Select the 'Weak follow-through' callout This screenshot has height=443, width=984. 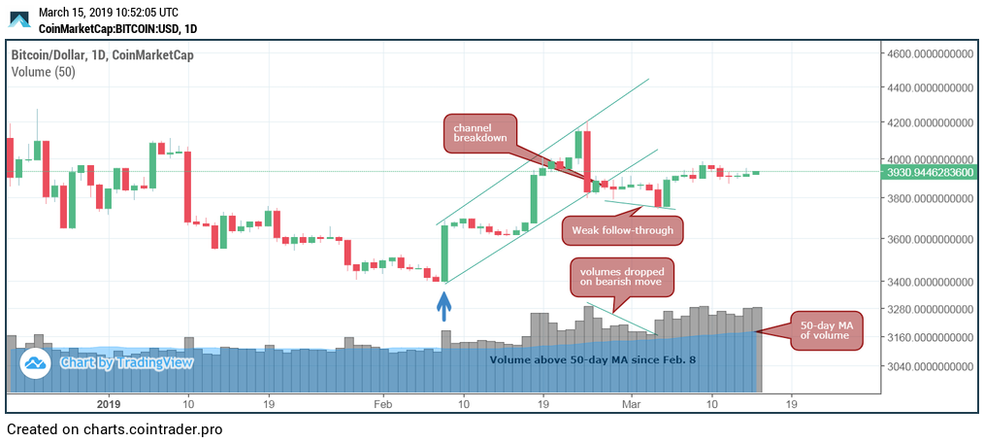[623, 230]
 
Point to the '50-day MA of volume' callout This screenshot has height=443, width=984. [825, 329]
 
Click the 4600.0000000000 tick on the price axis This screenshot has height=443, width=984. [930, 54]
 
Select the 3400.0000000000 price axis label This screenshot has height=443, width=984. [930, 282]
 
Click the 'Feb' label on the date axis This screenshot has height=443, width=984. [382, 403]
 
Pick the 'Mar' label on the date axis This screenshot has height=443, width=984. [632, 403]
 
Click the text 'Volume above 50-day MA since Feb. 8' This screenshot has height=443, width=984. [592, 359]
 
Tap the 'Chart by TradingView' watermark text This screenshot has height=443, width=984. [126, 362]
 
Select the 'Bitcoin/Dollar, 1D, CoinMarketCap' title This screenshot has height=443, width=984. [103, 54]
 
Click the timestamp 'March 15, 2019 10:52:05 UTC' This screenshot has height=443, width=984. [109, 12]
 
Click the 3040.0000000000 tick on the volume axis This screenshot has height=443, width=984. [930, 366]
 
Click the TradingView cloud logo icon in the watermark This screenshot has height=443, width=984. [37, 363]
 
